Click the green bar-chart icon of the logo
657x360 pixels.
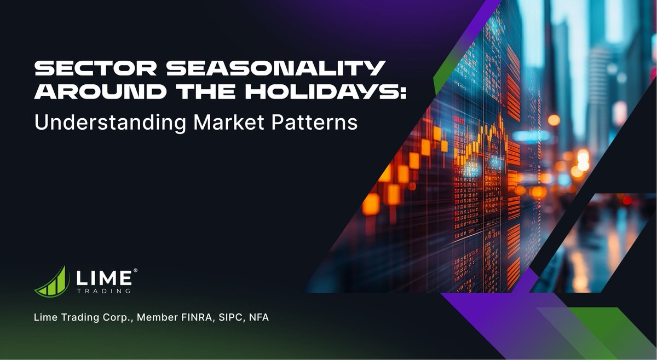51,281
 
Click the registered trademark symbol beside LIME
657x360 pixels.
135,270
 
